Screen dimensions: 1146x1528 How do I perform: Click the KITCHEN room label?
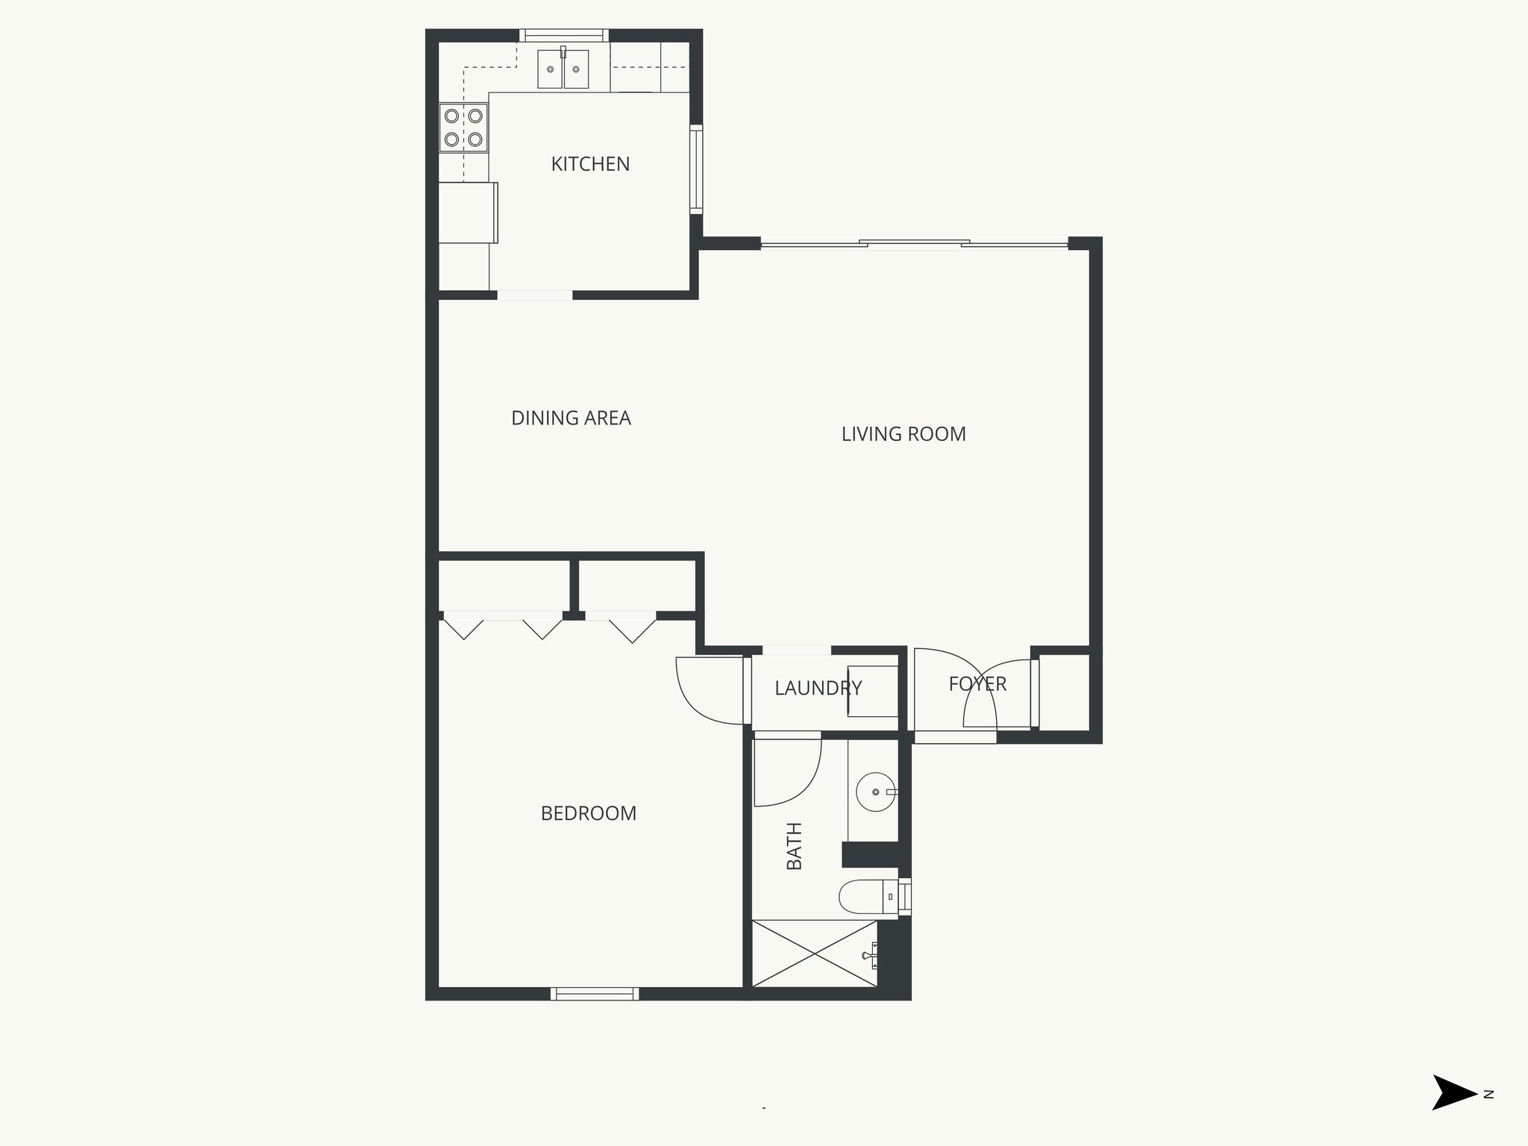click(590, 164)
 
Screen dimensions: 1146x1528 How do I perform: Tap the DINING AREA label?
click(571, 419)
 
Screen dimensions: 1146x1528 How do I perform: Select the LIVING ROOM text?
click(903, 434)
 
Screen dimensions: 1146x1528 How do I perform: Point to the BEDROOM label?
click(588, 813)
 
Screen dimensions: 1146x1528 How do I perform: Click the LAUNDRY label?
click(818, 688)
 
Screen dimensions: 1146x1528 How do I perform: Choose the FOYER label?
click(977, 683)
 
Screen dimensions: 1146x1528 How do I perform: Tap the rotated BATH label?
click(795, 846)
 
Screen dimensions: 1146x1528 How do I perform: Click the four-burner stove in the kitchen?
click(463, 128)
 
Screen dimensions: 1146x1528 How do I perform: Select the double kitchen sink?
click(563, 69)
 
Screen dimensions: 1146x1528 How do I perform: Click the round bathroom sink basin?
click(875, 792)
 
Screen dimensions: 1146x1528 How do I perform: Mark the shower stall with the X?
click(814, 954)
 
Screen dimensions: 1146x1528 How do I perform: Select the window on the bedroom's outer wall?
click(595, 993)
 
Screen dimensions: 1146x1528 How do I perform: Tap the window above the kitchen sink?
click(563, 35)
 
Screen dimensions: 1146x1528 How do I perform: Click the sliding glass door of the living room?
click(914, 243)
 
